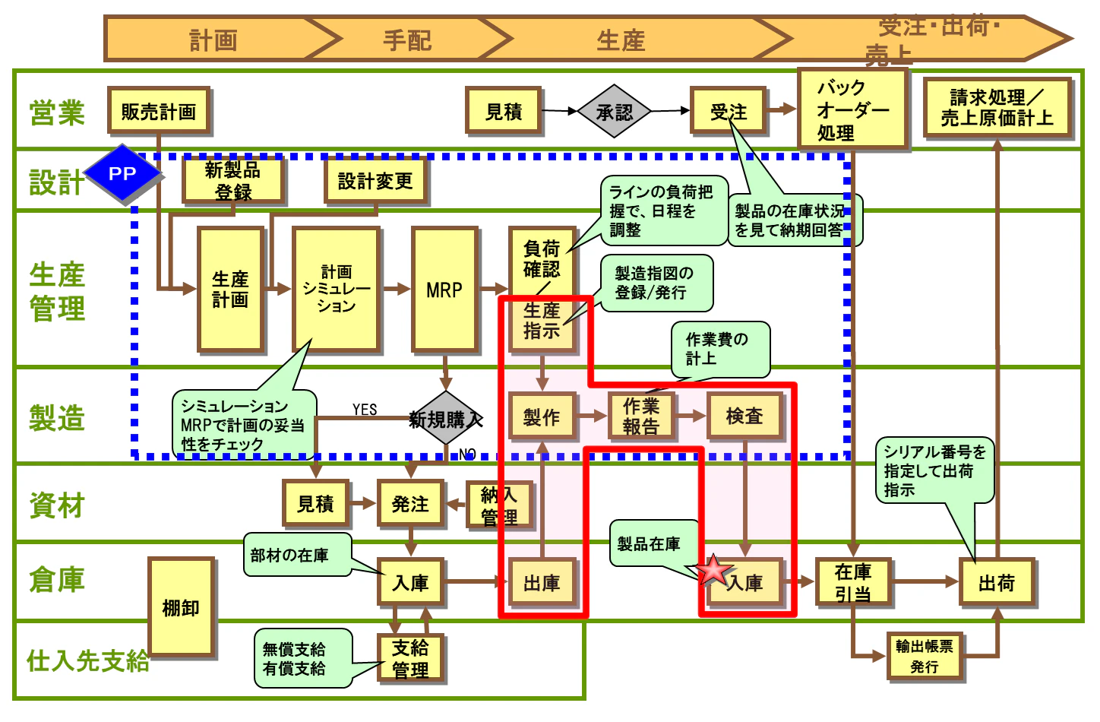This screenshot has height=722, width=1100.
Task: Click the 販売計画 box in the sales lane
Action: [158, 112]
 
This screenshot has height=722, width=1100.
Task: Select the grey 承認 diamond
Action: [614, 112]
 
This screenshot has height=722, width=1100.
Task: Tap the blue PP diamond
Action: [122, 173]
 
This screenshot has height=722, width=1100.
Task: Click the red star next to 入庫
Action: [713, 570]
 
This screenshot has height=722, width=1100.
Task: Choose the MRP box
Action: [444, 290]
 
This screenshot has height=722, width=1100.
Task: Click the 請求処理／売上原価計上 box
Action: [997, 108]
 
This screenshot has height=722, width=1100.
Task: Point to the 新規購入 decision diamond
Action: [446, 419]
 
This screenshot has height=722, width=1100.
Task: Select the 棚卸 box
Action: [181, 607]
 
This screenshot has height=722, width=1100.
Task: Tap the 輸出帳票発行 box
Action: [924, 656]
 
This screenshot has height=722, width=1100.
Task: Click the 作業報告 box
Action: [641, 416]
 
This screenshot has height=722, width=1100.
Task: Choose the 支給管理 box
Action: [410, 658]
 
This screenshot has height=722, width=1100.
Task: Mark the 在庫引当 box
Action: [852, 582]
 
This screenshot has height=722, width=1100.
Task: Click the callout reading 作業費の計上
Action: [719, 349]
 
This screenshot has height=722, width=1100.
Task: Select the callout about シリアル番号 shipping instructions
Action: [934, 470]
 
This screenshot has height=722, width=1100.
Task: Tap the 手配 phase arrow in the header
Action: [407, 40]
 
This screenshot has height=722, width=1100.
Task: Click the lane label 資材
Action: [57, 505]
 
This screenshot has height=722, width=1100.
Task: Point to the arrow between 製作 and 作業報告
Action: [592, 416]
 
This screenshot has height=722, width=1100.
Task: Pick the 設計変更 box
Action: [375, 181]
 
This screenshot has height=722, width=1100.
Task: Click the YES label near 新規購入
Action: [365, 409]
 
